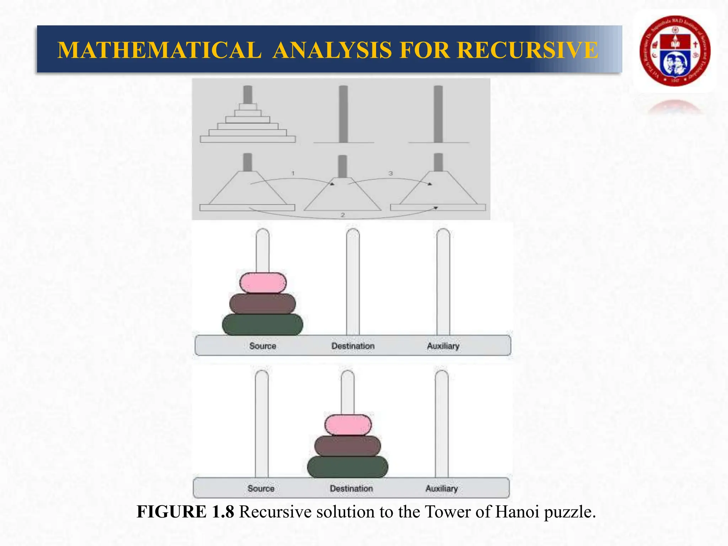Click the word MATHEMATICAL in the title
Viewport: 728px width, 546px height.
pyautogui.click(x=159, y=50)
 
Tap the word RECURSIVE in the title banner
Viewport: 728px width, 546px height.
pyautogui.click(x=528, y=50)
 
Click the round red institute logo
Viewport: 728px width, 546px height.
pyautogui.click(x=675, y=51)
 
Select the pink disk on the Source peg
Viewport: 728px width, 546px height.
pyautogui.click(x=263, y=283)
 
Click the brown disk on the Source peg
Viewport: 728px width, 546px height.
pyautogui.click(x=263, y=303)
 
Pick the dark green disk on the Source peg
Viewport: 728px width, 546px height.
pyautogui.click(x=263, y=324)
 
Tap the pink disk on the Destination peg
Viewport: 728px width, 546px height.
pyautogui.click(x=348, y=425)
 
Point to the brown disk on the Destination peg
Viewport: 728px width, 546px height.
pyautogui.click(x=348, y=446)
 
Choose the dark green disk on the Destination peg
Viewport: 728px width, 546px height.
pyautogui.click(x=348, y=467)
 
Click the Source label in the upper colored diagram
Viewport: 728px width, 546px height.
pyautogui.click(x=263, y=346)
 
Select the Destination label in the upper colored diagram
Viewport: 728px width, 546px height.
pyautogui.click(x=353, y=346)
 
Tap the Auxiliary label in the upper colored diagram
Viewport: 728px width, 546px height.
pyautogui.click(x=443, y=346)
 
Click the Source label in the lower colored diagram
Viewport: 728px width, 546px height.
pyautogui.click(x=261, y=488)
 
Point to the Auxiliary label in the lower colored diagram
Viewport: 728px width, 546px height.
pyautogui.click(x=441, y=488)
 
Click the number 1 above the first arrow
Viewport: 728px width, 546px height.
pyautogui.click(x=293, y=173)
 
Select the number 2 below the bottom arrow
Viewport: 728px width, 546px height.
pyautogui.click(x=343, y=215)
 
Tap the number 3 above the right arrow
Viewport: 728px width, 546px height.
pyautogui.click(x=391, y=173)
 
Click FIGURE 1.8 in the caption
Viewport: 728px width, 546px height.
pyautogui.click(x=185, y=512)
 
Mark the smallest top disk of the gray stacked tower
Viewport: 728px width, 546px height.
pyautogui.click(x=248, y=107)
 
